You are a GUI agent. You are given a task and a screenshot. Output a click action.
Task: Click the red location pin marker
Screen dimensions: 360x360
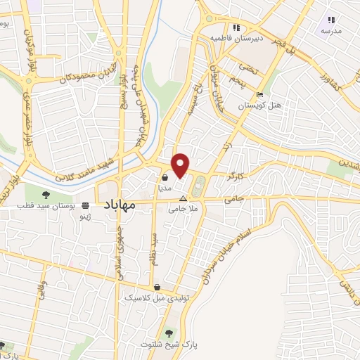(x=181, y=165)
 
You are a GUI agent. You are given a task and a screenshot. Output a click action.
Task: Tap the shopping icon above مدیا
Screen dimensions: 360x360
(x=164, y=178)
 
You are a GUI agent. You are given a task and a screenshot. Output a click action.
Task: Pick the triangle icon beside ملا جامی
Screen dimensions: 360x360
(x=184, y=198)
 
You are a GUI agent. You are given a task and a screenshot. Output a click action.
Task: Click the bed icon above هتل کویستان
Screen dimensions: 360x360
(x=259, y=95)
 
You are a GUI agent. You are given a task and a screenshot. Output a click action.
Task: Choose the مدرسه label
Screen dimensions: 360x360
(x=330, y=31)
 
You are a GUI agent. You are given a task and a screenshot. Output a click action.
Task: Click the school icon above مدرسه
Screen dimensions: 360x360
(x=331, y=20)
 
